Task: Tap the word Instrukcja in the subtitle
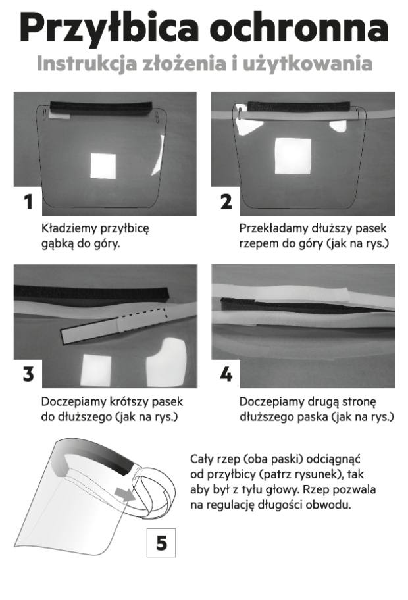86,63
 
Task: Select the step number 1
28,202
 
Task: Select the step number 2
226,202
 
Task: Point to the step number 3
28,374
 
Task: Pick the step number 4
226,374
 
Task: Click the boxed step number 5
161,543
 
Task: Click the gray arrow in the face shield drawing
124,493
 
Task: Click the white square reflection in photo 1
103,165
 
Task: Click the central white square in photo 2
293,156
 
